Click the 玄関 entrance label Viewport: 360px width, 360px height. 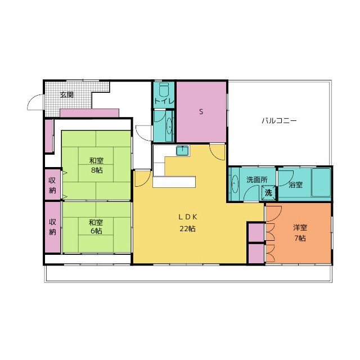67,95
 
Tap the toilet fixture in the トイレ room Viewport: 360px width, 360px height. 164,90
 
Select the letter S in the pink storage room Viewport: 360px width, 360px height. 201,112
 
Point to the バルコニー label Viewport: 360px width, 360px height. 279,120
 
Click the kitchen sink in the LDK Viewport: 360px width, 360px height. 183,151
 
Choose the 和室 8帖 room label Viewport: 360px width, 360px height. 96,165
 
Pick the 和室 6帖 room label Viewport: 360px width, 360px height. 96,227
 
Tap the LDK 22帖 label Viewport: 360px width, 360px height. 188,223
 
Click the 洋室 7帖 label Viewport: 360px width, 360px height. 300,233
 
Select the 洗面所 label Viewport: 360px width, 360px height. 256,180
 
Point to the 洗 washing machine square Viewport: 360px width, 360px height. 268,192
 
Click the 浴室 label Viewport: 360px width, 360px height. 296,185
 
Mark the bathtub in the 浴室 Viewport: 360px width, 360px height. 321,182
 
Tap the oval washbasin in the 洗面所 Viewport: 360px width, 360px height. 235,184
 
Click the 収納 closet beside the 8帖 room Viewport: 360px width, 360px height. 52,185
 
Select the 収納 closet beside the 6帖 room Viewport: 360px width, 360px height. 52,227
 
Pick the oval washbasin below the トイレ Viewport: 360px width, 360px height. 169,126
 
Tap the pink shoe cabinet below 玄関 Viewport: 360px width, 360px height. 89,113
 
